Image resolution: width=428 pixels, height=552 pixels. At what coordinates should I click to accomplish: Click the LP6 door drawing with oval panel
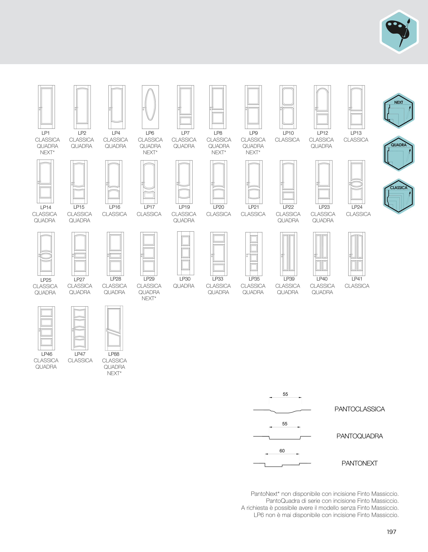pyautogui.click(x=150, y=107)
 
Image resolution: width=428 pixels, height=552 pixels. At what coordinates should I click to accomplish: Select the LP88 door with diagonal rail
pyautogui.click(x=114, y=328)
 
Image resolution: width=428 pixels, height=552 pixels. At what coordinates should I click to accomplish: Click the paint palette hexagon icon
pyautogui.click(x=399, y=32)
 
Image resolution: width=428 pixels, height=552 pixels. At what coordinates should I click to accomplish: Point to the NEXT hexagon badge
pyautogui.click(x=399, y=111)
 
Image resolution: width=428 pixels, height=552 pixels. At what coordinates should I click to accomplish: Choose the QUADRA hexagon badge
pyautogui.click(x=399, y=153)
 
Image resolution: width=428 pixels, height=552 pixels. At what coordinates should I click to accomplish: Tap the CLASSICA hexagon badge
pyautogui.click(x=399, y=196)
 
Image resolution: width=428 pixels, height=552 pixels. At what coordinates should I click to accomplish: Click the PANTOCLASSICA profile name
pyautogui.click(x=359, y=409)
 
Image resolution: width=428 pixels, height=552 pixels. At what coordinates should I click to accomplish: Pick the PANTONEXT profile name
pyautogui.click(x=359, y=463)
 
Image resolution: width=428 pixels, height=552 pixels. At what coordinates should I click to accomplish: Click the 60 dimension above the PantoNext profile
pyautogui.click(x=282, y=451)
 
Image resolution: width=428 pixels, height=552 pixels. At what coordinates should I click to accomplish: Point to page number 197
pyautogui.click(x=391, y=532)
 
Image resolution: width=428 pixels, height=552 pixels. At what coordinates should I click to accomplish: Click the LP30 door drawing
pyautogui.click(x=186, y=253)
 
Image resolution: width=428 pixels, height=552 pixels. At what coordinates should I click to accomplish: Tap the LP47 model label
pyautogui.click(x=80, y=354)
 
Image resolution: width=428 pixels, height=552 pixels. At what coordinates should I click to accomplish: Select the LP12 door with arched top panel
pyautogui.click(x=322, y=107)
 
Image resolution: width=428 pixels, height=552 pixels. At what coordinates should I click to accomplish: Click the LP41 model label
pyautogui.click(x=357, y=279)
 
